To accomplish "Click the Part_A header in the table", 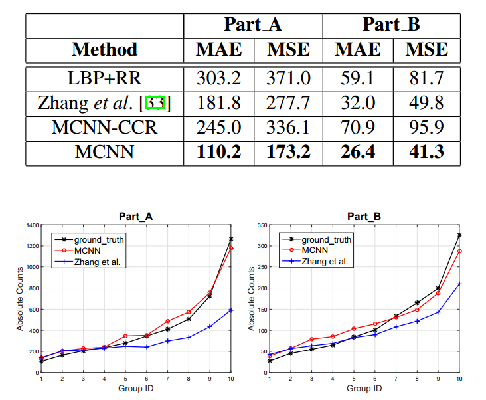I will tap(253, 25).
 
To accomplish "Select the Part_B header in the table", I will tap(391, 25).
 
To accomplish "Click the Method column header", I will tap(104, 49).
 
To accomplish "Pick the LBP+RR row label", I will tap(104, 78).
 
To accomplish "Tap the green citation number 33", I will tap(155, 103).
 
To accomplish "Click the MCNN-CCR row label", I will tap(104, 128).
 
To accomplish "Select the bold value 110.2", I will tap(218, 152).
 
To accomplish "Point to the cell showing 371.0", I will tap(288, 78).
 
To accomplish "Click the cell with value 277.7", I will tap(288, 103).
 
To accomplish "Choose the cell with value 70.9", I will tap(357, 128).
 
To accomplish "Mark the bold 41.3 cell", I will tap(426, 152).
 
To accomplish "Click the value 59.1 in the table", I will tap(357, 78).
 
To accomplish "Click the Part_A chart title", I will tap(135, 217).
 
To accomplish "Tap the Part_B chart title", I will tap(364, 217).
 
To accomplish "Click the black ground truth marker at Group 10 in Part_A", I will tap(230, 239).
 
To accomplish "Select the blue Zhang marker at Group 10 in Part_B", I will tap(459, 284).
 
